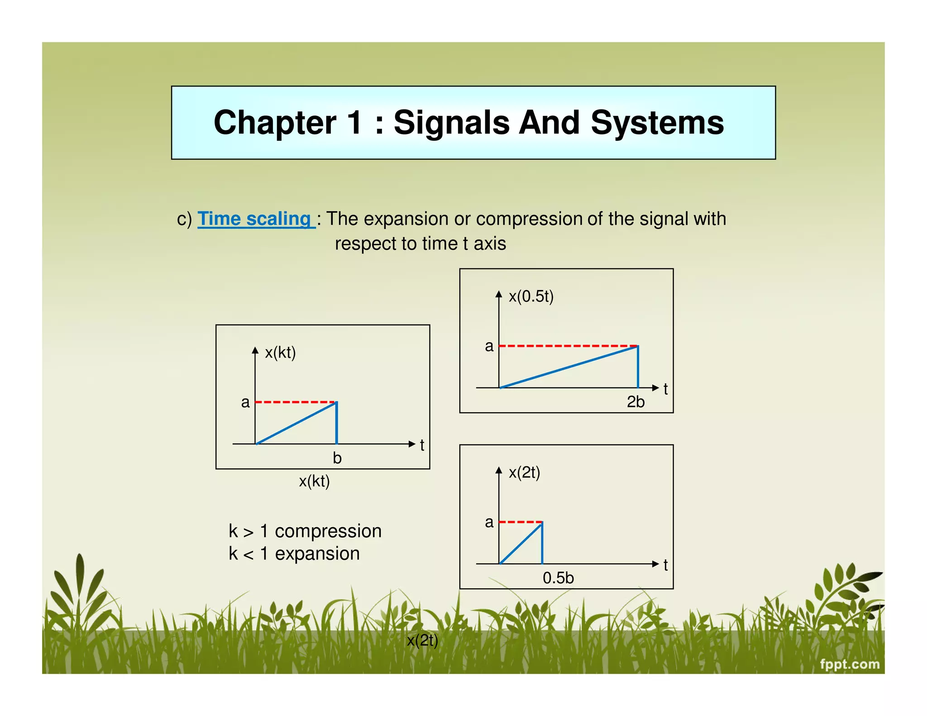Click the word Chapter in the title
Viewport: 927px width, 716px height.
pos(275,123)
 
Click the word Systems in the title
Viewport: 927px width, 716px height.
pos(657,123)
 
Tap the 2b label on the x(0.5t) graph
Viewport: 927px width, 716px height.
pos(635,402)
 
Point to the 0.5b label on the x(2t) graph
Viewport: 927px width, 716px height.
pos(558,578)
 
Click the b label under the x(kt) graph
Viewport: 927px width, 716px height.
pos(337,458)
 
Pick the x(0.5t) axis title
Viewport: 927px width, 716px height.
pos(531,296)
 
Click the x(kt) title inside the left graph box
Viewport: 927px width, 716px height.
pos(280,353)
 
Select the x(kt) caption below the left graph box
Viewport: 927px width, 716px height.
pos(314,481)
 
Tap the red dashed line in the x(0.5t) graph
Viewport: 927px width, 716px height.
pos(568,346)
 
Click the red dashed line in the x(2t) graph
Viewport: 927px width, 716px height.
pos(520,522)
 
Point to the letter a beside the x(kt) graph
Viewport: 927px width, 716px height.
pos(245,402)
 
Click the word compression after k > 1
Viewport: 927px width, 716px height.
pos(328,531)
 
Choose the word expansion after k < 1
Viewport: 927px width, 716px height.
pos(317,554)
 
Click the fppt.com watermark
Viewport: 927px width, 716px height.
pos(850,664)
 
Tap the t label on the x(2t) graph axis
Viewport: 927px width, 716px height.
pos(665,565)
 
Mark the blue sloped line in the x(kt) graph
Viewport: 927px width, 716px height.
pos(296,423)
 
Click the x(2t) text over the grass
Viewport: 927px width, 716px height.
pos(422,640)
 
